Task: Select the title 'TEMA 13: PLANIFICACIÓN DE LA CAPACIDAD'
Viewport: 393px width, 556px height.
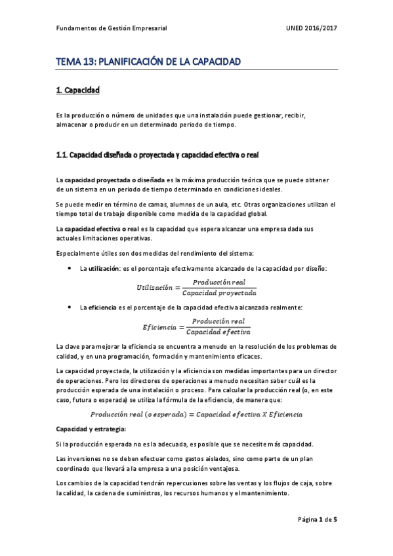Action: pyautogui.click(x=149, y=62)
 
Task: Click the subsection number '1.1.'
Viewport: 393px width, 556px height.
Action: pyautogui.click(x=62, y=155)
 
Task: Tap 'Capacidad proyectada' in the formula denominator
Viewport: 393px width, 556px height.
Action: pyautogui.click(x=220, y=292)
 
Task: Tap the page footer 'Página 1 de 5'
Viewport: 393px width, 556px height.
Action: pyautogui.click(x=318, y=519)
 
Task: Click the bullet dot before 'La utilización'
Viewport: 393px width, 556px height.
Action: pyautogui.click(x=70, y=269)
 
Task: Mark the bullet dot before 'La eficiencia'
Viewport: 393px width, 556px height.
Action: pyautogui.click(x=70, y=308)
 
